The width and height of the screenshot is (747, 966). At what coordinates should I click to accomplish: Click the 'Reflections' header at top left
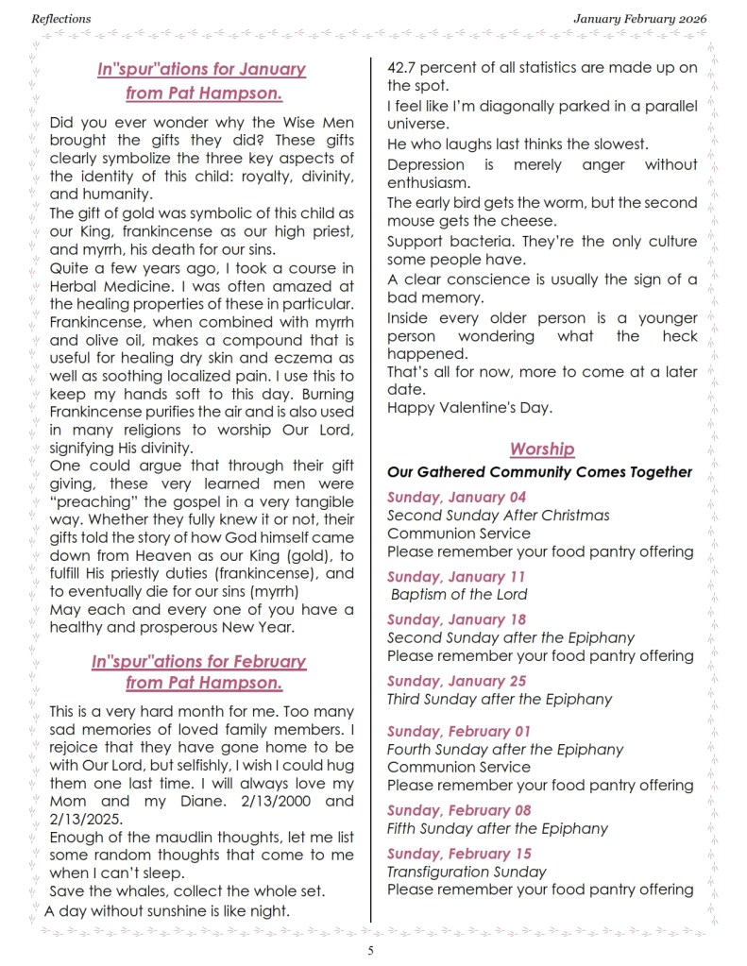pos(61,18)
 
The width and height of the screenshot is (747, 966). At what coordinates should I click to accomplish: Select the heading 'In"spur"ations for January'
pos(201,69)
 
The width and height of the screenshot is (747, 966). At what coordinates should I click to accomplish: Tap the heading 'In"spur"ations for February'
pos(199,661)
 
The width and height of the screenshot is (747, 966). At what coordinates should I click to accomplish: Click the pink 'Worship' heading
pos(542,449)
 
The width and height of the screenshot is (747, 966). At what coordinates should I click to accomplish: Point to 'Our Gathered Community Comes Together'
pos(539,471)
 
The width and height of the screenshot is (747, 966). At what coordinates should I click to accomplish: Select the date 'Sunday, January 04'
pos(456,497)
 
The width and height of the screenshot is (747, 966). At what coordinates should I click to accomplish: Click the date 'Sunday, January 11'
pos(456,576)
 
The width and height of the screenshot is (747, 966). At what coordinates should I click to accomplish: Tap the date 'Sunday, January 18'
pos(456,619)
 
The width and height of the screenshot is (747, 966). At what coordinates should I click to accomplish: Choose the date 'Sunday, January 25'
pos(457,681)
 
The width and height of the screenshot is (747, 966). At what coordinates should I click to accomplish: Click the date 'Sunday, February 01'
pos(459,731)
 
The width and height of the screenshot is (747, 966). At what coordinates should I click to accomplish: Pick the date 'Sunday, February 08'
pos(459,810)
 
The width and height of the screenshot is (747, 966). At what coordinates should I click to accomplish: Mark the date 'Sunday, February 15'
pos(459,854)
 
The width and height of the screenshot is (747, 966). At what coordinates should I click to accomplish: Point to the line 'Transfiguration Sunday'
pos(467,872)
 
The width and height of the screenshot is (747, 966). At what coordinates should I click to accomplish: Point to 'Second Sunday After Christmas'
pos(498,516)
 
